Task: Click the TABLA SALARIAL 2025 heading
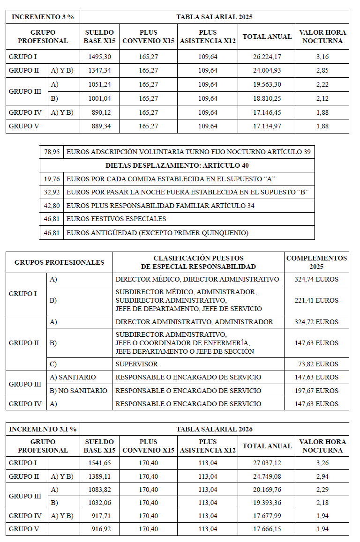214,17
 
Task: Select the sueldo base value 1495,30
99,57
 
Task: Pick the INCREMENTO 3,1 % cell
43,429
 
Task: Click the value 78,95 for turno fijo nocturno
52,152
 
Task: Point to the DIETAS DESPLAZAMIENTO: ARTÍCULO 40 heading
177,165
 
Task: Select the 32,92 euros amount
52,192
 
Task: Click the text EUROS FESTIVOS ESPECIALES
116,219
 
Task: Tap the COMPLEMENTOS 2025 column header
316,262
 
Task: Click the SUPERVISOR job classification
136,364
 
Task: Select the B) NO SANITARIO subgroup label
78,391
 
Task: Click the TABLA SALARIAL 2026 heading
214,429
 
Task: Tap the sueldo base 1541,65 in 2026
99,463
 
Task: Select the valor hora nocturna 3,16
322,57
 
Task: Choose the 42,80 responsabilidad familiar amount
52,205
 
